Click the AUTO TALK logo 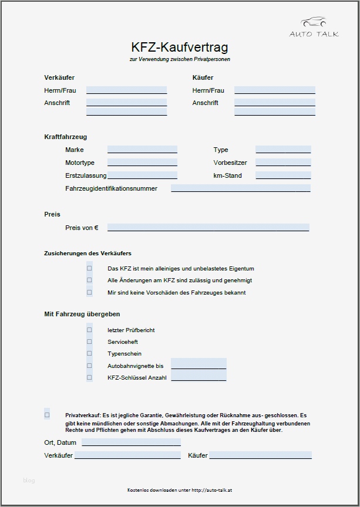314,28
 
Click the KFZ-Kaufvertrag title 180,47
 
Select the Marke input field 142,150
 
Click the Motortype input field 142,163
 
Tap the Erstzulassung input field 142,175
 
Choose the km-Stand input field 283,175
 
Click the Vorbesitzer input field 283,163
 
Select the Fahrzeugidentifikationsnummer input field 240,188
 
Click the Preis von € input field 208,228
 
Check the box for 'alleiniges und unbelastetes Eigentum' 90,268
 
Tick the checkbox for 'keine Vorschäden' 90,292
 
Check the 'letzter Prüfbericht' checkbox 90,330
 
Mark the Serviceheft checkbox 90,342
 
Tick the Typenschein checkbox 90,354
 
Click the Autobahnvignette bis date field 198,366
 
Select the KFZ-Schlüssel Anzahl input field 198,378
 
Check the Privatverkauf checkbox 47,415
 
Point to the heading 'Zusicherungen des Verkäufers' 88,253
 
